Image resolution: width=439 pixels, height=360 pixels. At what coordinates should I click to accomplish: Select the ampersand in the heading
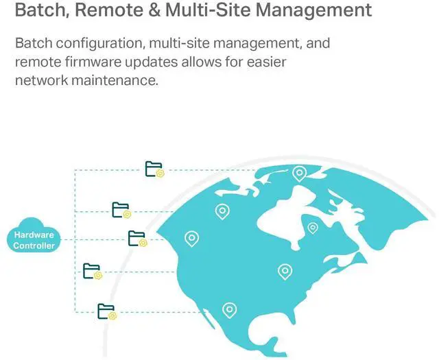coord(154,11)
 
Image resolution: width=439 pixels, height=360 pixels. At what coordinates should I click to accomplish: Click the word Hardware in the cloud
coord(34,235)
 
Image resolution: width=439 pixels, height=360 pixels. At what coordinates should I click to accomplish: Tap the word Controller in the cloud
coord(34,245)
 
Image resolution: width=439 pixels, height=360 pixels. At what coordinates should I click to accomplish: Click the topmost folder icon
coord(154,169)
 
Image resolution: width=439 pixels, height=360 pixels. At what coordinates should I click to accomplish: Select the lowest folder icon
coord(107,311)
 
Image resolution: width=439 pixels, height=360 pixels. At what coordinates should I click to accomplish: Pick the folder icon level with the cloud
coord(137,239)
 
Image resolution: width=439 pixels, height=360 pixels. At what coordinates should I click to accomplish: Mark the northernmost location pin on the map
coord(299,173)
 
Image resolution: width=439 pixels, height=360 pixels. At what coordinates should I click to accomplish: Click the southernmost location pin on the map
coord(230,311)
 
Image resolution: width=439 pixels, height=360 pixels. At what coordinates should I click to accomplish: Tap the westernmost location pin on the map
coord(192,239)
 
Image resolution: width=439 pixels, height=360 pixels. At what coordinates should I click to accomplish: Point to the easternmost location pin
coord(313,227)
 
